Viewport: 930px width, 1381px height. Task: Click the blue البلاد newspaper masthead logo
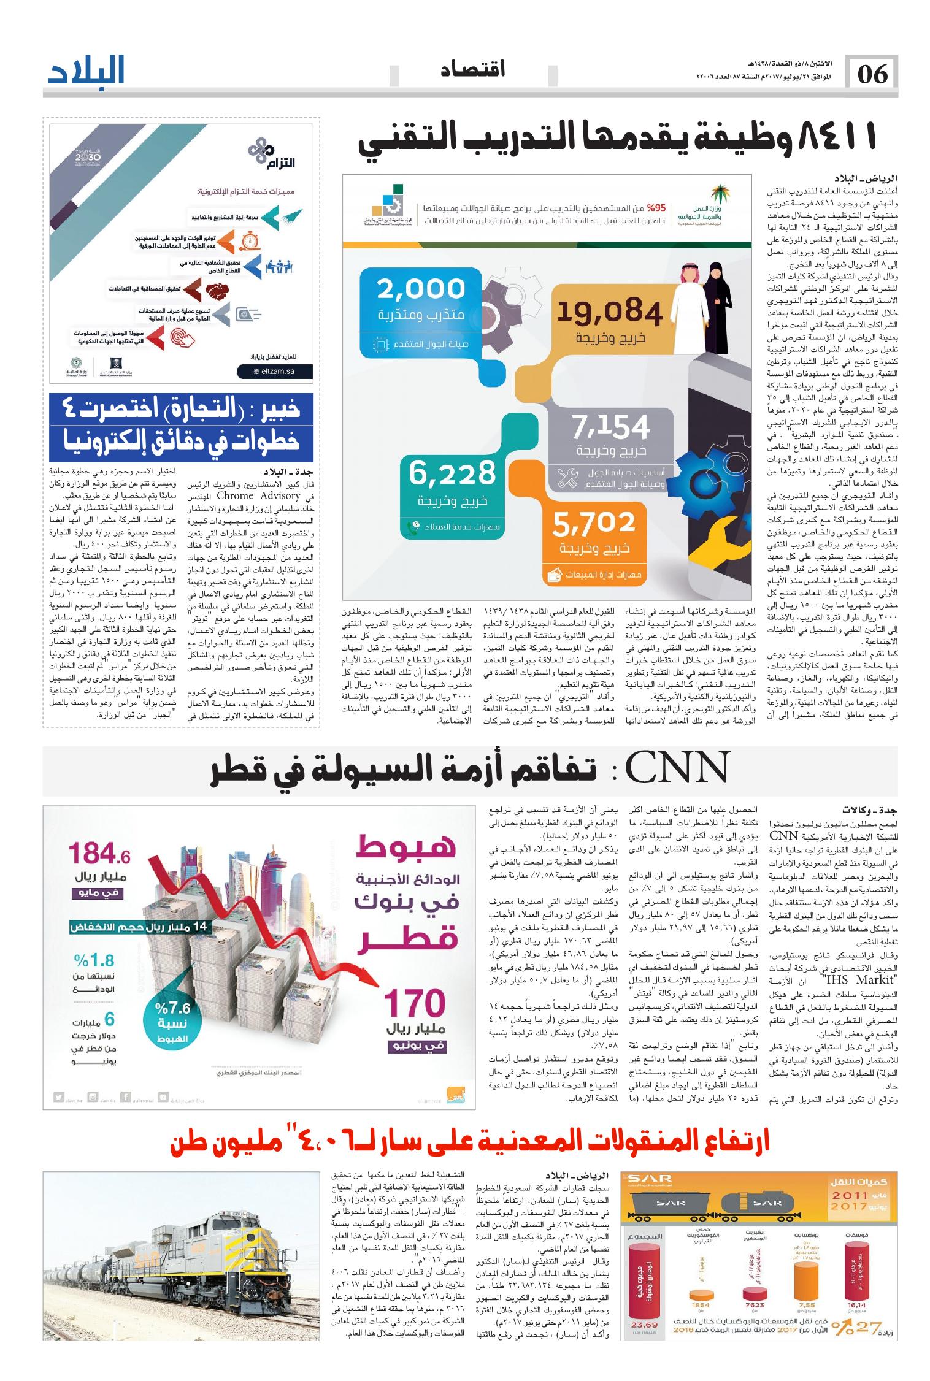(86, 72)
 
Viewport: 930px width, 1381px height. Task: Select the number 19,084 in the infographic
(610, 313)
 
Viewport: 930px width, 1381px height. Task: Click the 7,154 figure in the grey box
(610, 427)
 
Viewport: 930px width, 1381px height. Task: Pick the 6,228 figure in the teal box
(452, 473)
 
